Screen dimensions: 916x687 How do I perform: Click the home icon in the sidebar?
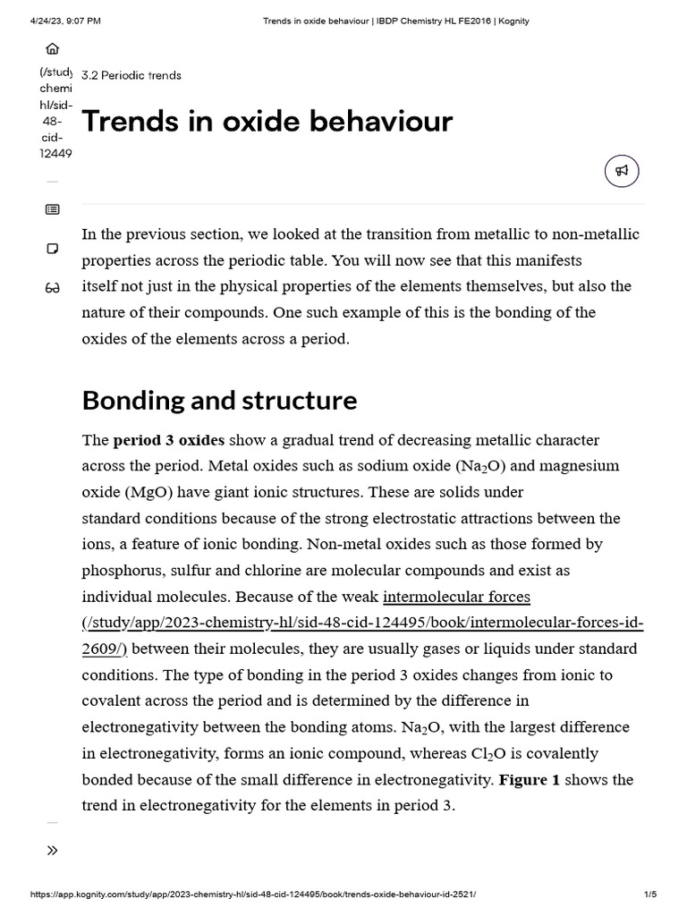tap(52, 49)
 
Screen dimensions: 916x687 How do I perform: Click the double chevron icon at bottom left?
tap(52, 850)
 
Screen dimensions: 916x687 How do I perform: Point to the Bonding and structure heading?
tap(219, 400)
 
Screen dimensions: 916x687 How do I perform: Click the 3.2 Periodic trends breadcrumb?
tap(131, 75)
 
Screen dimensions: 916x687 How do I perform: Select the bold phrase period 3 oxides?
tap(168, 440)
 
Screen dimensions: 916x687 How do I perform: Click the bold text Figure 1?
tap(529, 779)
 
